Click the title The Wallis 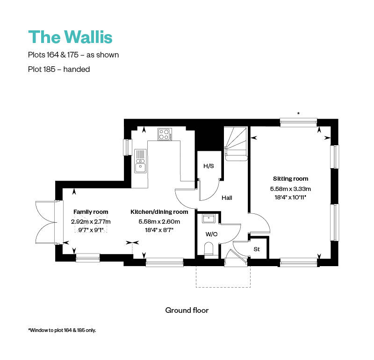click(x=70, y=36)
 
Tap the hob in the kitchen click(x=164, y=134)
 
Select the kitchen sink click(x=140, y=160)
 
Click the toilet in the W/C click(x=209, y=249)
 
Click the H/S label click(x=208, y=166)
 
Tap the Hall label click(x=227, y=198)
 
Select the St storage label click(x=257, y=249)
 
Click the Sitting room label click(x=290, y=179)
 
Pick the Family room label click(x=91, y=212)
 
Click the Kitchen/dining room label click(x=159, y=212)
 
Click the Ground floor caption click(x=187, y=310)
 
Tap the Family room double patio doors click(x=45, y=222)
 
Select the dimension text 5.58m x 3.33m click(x=290, y=189)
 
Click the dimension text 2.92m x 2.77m click(x=91, y=221)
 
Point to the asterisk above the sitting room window click(x=298, y=113)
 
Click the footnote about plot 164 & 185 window click(x=62, y=330)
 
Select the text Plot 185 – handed click(x=59, y=69)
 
